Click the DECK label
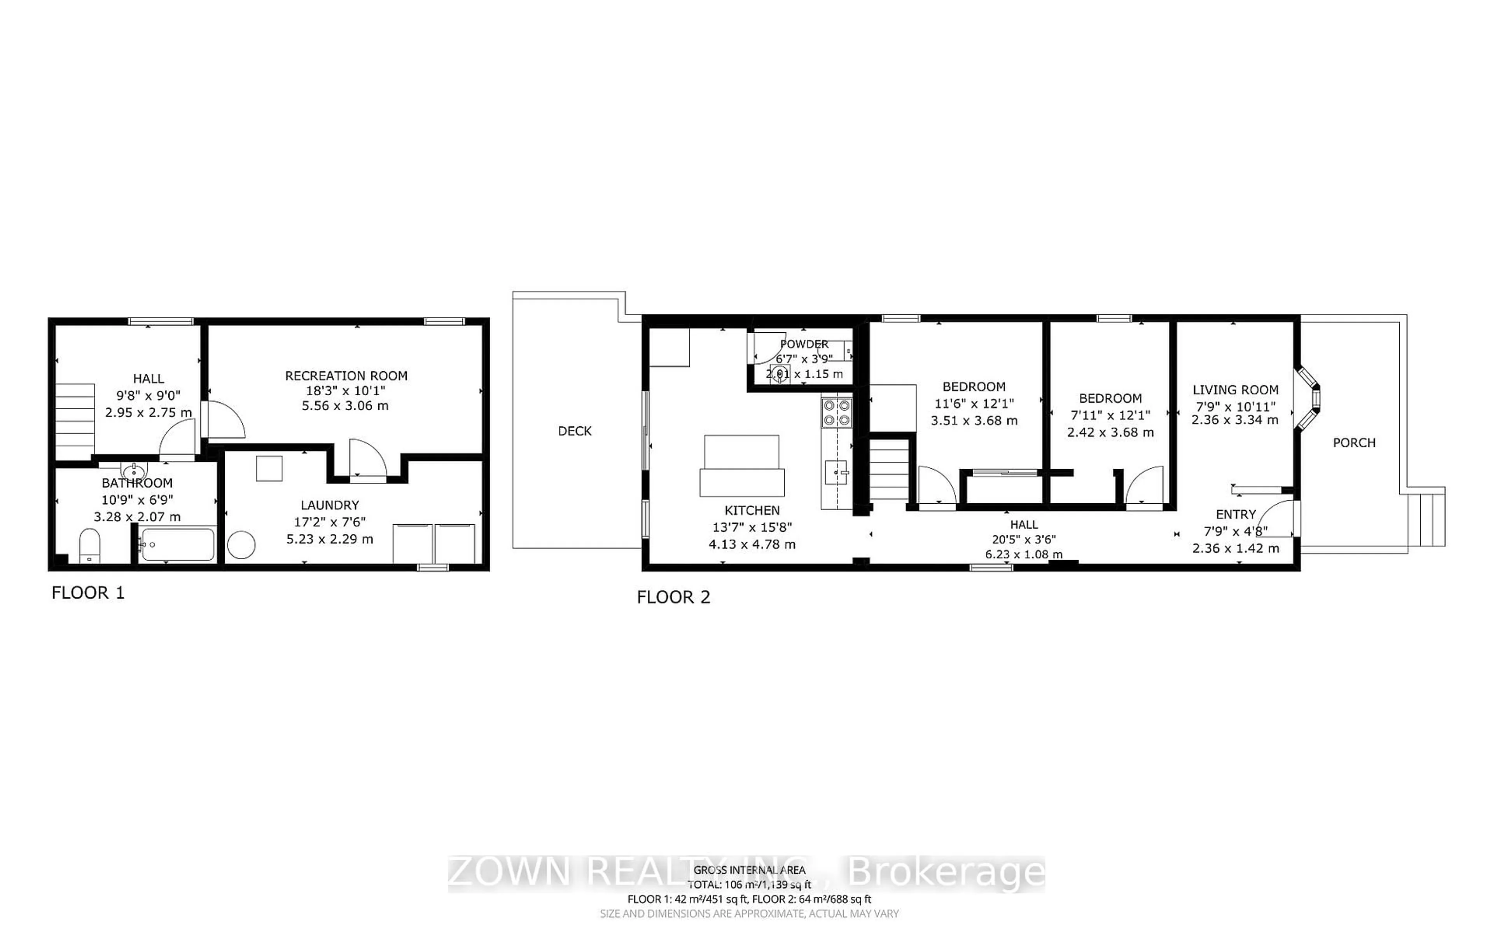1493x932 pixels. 575,431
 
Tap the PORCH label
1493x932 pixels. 1354,443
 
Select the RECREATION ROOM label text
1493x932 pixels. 346,376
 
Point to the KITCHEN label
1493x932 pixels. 752,510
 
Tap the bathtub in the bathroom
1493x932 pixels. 178,544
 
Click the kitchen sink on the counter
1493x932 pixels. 836,473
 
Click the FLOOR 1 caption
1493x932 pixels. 88,593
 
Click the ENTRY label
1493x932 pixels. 1235,515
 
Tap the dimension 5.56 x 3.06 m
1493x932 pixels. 345,406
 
